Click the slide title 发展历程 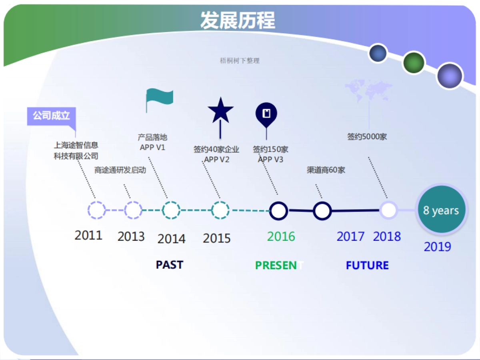[x=238, y=20]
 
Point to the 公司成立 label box [x=51, y=116]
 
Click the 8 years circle [x=441, y=210]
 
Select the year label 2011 [x=88, y=235]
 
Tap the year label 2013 [x=131, y=236]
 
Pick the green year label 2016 [x=281, y=236]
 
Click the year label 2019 [x=437, y=246]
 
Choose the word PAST [x=169, y=265]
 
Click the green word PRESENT [x=279, y=265]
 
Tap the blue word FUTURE [x=367, y=265]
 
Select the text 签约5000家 [x=367, y=137]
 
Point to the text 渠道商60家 [x=326, y=170]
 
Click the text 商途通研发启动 [x=120, y=170]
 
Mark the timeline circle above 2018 [x=388, y=210]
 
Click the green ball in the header [x=413, y=62]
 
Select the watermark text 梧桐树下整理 [x=240, y=61]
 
